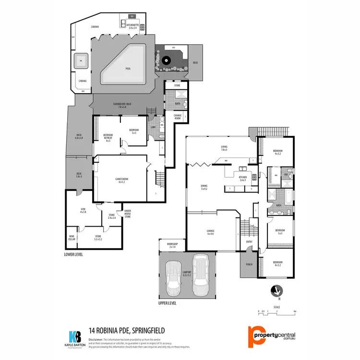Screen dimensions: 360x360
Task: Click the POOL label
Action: click(x=128, y=69)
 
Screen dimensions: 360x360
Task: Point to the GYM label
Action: click(x=83, y=209)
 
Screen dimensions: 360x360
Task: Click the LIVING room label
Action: click(x=224, y=148)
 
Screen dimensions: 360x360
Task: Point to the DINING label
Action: click(x=204, y=187)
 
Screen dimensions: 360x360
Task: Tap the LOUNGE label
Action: click(x=210, y=232)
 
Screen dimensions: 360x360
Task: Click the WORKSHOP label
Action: click(x=172, y=245)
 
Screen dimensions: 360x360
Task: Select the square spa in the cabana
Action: click(x=81, y=61)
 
